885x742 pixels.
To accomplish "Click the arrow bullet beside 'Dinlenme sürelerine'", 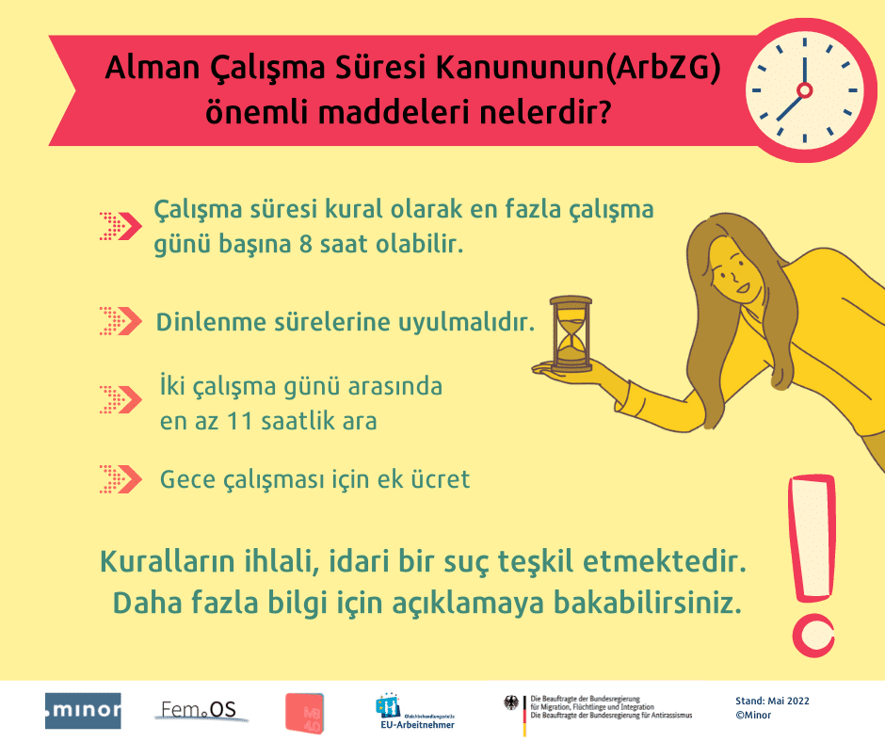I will coord(120,321).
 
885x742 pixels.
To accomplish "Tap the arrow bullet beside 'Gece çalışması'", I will coord(120,478).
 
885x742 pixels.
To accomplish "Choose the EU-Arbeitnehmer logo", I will coord(414,712).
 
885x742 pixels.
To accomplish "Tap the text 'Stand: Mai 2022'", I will coord(772,701).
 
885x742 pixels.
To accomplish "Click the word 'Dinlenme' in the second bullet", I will coord(201,322).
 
